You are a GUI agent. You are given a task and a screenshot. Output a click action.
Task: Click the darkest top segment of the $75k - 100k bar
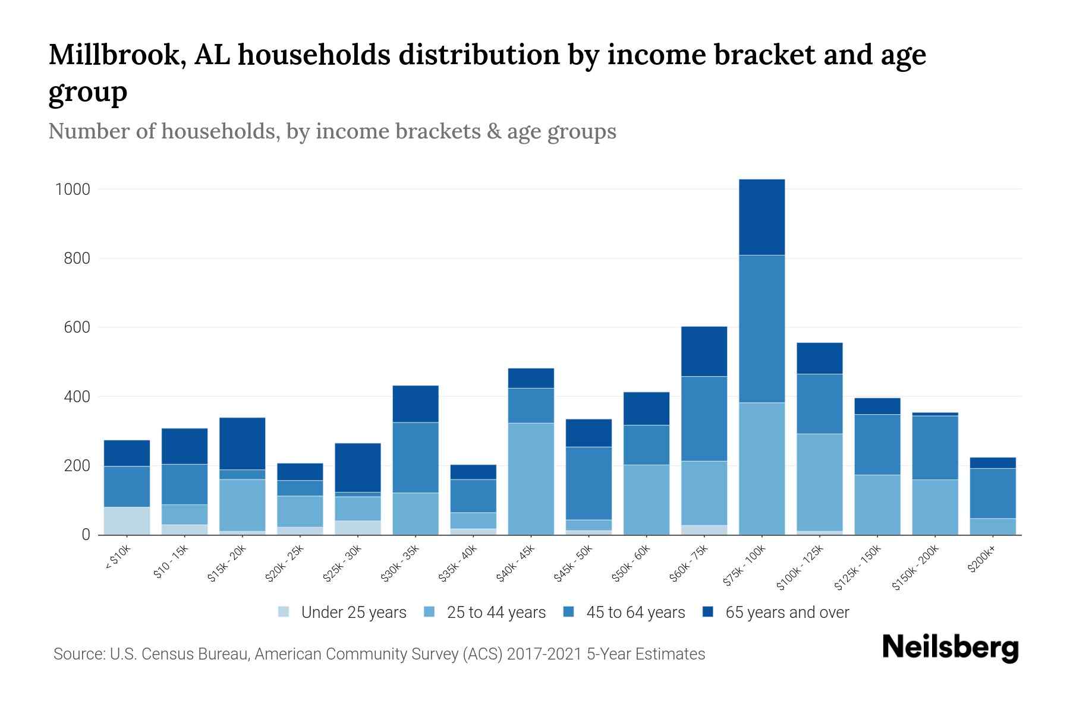click(761, 217)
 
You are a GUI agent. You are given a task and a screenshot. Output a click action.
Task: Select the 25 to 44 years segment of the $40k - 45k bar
click(531, 479)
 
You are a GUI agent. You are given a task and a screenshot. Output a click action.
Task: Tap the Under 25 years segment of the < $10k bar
click(127, 520)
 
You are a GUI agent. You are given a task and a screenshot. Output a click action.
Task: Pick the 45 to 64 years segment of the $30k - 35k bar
click(416, 458)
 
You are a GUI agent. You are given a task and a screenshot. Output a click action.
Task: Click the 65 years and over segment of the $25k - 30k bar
click(358, 468)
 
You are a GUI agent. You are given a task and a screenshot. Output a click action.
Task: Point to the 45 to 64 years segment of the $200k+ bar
click(992, 493)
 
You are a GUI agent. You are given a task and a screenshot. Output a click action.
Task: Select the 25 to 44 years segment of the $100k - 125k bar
click(819, 482)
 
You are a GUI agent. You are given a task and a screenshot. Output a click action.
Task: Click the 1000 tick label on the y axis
click(73, 190)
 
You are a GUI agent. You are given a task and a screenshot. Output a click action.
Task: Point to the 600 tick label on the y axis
click(77, 327)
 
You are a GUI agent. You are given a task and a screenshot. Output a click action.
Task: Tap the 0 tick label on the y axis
click(86, 535)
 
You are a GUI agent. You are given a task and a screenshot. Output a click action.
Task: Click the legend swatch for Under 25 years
click(284, 612)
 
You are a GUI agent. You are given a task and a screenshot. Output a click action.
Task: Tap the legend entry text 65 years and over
click(787, 612)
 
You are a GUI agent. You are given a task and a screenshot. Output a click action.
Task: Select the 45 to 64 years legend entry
click(635, 612)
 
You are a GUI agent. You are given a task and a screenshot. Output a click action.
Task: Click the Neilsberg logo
click(950, 648)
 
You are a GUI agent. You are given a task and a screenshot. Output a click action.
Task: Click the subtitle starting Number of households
click(332, 131)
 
